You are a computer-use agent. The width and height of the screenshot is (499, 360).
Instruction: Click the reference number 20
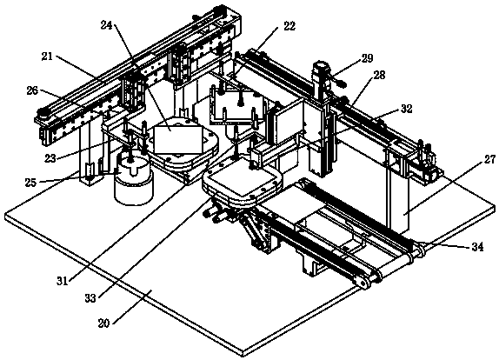tap(103, 323)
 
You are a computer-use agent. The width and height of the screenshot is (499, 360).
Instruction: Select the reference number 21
tap(47, 57)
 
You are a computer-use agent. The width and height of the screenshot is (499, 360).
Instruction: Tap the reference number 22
tap(289, 26)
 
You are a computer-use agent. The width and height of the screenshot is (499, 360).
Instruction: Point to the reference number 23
tap(50, 157)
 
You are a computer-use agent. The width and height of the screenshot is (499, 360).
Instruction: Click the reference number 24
tap(107, 25)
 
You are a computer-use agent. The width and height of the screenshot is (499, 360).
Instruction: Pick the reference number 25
tap(31, 183)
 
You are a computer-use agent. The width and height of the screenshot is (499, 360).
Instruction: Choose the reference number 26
tap(32, 90)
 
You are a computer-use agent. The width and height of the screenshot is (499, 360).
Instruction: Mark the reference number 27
tap(489, 159)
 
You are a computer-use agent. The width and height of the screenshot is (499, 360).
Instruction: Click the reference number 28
tap(379, 75)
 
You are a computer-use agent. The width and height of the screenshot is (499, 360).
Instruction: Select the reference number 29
tap(367, 58)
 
